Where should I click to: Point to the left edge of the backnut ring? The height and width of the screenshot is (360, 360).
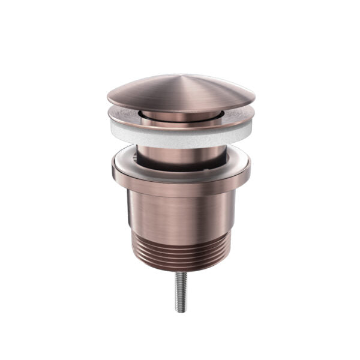point(113,172)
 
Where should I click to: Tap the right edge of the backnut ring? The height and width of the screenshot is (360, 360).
point(249,172)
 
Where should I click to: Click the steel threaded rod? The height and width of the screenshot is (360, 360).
point(181,294)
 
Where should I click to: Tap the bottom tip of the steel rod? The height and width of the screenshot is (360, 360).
point(181,311)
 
